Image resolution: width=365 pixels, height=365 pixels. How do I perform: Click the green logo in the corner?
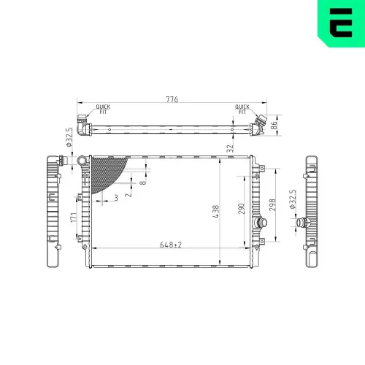click(x=341, y=23)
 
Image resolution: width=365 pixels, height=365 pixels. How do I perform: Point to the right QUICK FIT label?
click(x=242, y=109)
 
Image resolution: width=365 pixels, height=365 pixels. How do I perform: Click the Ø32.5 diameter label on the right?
click(x=293, y=201)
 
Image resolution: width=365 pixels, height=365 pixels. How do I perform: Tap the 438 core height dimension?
click(x=215, y=210)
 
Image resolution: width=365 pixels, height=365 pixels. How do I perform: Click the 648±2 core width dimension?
click(x=171, y=245)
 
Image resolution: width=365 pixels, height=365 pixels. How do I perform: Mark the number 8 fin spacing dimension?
click(x=142, y=182)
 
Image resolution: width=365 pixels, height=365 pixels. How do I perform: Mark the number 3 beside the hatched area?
click(x=115, y=197)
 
